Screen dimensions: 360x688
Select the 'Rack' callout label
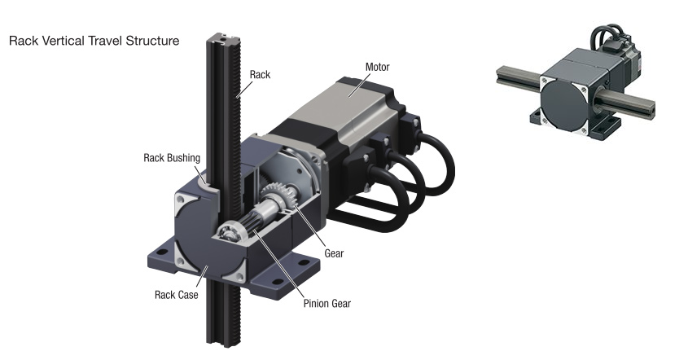click(261, 74)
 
